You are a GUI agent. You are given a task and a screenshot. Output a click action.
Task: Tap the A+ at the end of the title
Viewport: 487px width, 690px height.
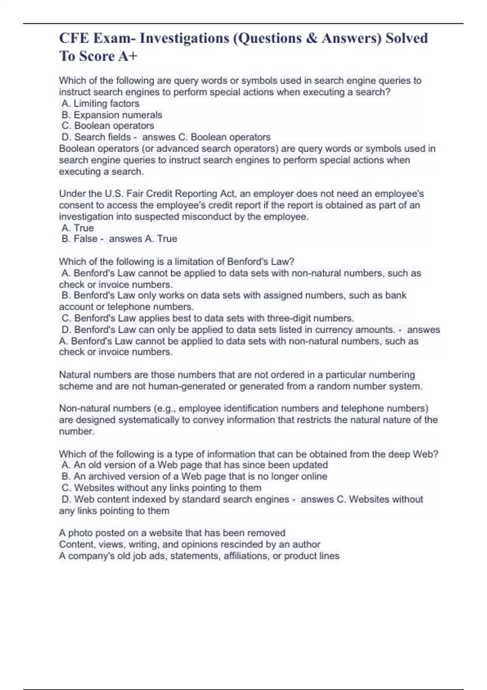click(x=128, y=56)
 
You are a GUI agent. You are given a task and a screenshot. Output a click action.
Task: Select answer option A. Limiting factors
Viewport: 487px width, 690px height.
click(x=101, y=103)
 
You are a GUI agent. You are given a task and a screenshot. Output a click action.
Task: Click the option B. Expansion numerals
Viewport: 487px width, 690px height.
click(x=112, y=115)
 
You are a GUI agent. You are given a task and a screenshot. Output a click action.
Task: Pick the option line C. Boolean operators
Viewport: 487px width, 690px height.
click(x=108, y=126)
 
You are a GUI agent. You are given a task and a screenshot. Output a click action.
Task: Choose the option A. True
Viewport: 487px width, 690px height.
click(x=78, y=228)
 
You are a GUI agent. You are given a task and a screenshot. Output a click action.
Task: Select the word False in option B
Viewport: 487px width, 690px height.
click(x=85, y=239)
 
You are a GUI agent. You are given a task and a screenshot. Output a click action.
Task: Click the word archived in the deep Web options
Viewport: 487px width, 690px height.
click(x=109, y=476)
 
